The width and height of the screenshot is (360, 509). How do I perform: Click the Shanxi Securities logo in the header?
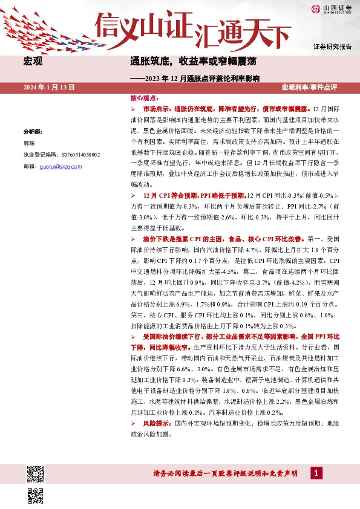tap(331, 8)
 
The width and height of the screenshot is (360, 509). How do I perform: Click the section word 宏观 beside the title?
tap(32, 62)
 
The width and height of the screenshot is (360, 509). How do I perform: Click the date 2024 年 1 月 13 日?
tap(49, 88)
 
